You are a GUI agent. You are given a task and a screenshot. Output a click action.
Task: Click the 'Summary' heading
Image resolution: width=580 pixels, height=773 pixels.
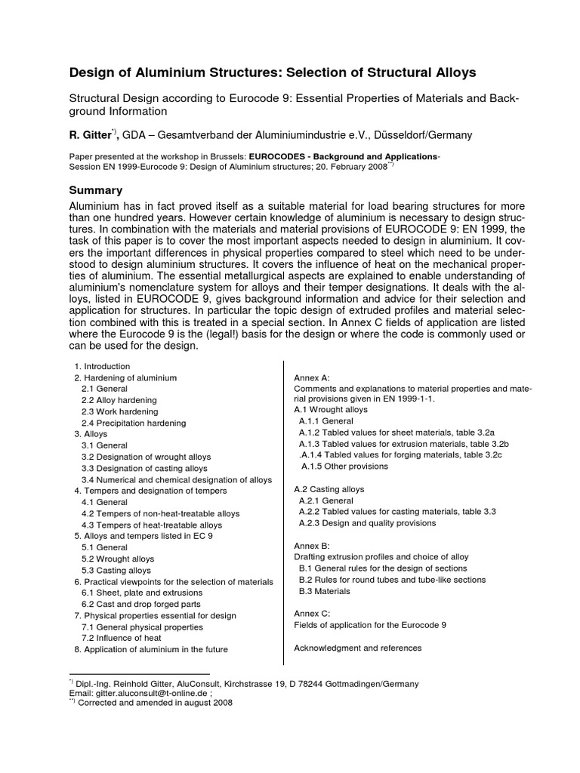point(95,189)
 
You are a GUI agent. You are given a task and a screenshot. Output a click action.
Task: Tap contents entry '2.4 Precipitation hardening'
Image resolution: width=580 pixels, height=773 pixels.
point(129,423)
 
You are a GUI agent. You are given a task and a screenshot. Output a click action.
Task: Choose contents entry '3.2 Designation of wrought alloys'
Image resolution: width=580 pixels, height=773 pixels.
point(146,457)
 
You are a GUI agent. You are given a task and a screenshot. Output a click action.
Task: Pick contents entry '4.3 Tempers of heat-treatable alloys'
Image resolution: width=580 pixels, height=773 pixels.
point(152,525)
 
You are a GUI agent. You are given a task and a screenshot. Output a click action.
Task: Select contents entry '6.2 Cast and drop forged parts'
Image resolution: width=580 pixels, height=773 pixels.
point(140,604)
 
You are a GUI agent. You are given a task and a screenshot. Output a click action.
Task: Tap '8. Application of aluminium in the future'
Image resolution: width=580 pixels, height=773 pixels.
point(150,649)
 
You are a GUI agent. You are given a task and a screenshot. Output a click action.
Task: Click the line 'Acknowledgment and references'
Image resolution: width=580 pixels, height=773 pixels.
point(357,648)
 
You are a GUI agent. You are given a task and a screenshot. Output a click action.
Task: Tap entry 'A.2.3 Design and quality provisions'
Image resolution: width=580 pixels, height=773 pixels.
point(367,523)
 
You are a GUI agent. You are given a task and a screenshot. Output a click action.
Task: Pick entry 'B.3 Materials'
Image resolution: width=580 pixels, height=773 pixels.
point(325,591)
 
